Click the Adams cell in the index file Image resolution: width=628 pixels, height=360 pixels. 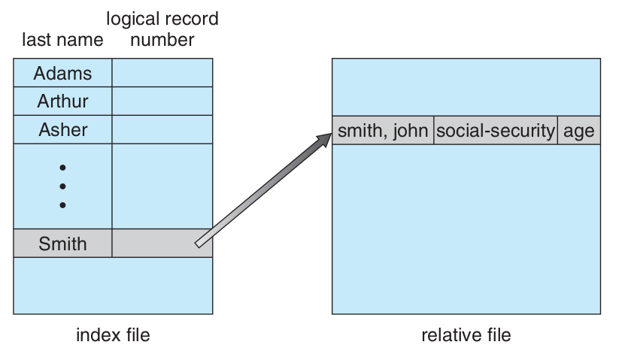click(x=63, y=73)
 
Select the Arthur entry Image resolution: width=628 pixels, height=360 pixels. click(x=63, y=101)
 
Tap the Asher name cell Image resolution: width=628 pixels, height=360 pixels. click(x=63, y=129)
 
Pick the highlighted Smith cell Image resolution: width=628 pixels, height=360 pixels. click(x=63, y=244)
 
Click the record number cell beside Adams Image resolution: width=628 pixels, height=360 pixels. click(x=162, y=73)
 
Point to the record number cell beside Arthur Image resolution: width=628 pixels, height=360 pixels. click(x=162, y=101)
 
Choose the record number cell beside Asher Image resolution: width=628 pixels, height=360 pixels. click(x=162, y=129)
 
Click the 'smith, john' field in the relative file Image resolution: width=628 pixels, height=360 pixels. click(x=383, y=131)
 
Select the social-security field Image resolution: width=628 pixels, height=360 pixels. click(x=496, y=131)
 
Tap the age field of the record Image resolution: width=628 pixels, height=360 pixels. click(x=579, y=131)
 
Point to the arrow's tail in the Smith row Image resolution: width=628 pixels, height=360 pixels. click(x=200, y=242)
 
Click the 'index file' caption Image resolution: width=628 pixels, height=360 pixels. click(x=113, y=334)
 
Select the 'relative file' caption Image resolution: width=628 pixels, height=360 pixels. click(x=466, y=334)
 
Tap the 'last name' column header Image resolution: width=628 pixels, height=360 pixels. click(x=62, y=40)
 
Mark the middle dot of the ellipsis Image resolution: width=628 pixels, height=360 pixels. click(x=62, y=186)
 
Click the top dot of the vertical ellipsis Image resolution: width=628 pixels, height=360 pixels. click(x=62, y=167)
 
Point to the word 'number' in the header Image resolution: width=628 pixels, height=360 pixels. click(x=162, y=40)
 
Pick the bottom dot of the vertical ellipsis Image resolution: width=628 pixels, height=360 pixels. click(x=62, y=204)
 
